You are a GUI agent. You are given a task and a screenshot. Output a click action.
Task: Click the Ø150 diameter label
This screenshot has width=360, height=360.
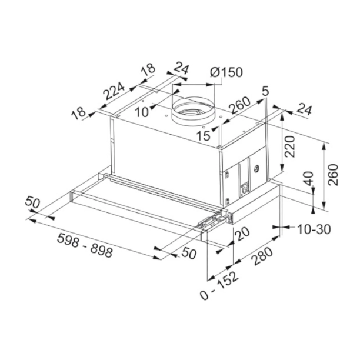(x=225, y=72)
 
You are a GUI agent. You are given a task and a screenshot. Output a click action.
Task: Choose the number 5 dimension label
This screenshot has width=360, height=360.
(x=265, y=91)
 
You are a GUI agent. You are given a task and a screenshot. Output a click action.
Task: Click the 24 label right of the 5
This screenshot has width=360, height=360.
(x=304, y=109)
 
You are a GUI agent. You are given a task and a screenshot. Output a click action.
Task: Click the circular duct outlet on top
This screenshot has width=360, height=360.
(x=192, y=111)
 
